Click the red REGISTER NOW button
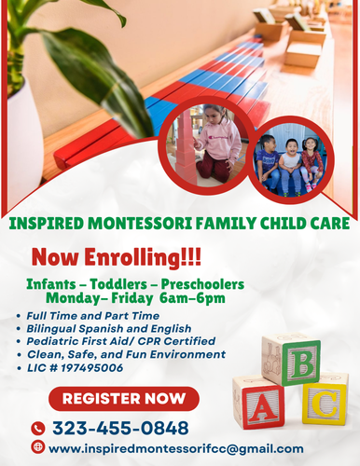coord(123,400)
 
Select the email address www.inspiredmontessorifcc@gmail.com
coord(175,448)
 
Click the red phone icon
coord(38,428)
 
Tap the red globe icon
coord(38,447)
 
